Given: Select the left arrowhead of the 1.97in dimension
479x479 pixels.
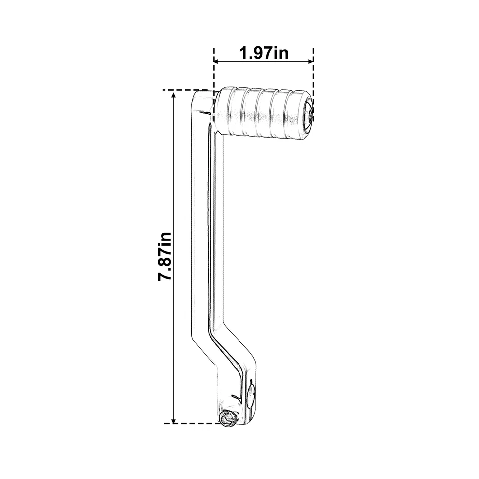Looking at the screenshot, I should [x=217, y=62].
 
